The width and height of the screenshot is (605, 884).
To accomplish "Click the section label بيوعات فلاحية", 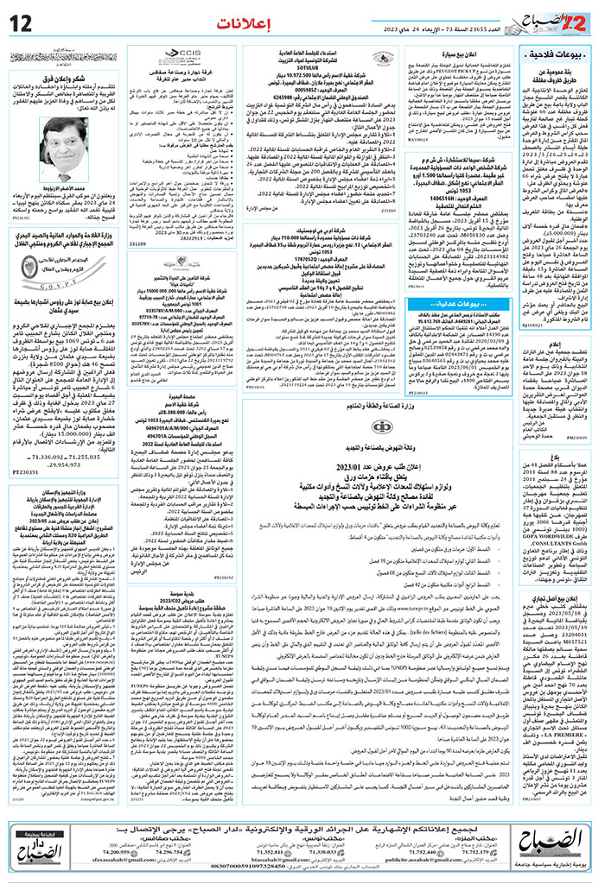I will (x=568, y=59).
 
